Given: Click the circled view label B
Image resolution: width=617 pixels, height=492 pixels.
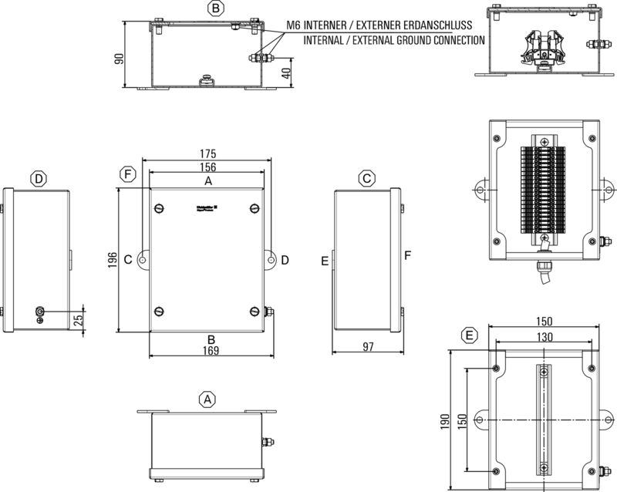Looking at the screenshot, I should tap(217, 8).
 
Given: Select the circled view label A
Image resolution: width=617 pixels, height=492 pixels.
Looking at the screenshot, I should tap(206, 399).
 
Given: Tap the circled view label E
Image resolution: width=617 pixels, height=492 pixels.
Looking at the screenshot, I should tap(467, 335).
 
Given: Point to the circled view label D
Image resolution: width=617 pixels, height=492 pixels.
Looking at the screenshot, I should tap(39, 179).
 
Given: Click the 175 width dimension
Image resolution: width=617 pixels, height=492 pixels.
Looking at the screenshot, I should tap(206, 154).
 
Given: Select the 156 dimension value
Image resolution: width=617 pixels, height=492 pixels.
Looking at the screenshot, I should tap(206, 167).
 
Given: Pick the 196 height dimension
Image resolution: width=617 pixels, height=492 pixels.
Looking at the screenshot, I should tap(113, 261).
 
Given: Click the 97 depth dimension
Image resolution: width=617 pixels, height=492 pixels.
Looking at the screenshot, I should tap(367, 347).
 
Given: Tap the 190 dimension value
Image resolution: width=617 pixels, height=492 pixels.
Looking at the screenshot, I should tap(442, 421).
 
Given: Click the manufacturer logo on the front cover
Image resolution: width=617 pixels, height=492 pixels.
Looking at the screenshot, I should tap(206, 207).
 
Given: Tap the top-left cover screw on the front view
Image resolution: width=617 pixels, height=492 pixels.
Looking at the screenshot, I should tap(160, 208).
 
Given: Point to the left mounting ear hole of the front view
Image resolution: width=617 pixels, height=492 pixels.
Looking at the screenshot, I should tap(143, 261).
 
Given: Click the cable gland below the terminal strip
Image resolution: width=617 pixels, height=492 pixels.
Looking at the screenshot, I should tap(543, 266).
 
